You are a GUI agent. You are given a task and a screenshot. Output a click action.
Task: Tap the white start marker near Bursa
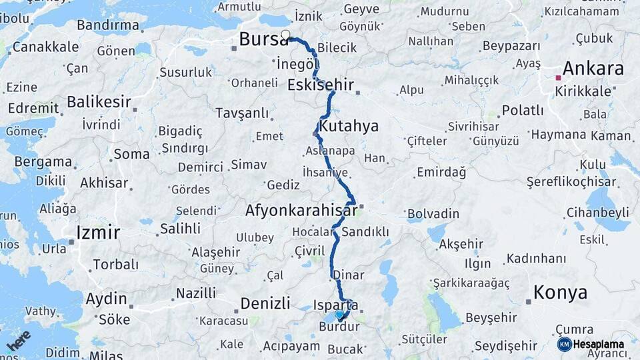click(286, 35)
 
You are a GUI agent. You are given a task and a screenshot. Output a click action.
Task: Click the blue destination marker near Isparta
click(339, 315)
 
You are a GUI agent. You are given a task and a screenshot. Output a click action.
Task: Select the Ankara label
click(593, 69)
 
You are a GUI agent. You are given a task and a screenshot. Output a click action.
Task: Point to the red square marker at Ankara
click(559, 78)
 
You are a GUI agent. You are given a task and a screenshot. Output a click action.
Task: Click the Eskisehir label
click(320, 85)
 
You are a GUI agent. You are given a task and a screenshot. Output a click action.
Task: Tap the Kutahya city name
click(349, 126)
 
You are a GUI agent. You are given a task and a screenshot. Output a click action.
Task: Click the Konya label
click(561, 293)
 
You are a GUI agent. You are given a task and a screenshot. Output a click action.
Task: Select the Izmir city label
click(99, 233)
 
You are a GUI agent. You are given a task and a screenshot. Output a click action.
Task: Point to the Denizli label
click(265, 303)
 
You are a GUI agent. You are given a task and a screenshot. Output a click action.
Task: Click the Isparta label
click(336, 305)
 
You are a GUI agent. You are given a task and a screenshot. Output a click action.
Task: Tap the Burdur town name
click(339, 327)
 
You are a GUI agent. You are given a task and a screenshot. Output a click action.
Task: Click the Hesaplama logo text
click(599, 344)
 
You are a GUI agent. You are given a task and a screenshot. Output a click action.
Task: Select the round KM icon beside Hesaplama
click(565, 344)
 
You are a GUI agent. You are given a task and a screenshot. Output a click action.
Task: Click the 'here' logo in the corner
click(18, 341)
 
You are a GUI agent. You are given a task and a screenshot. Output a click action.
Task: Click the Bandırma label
click(108, 25)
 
